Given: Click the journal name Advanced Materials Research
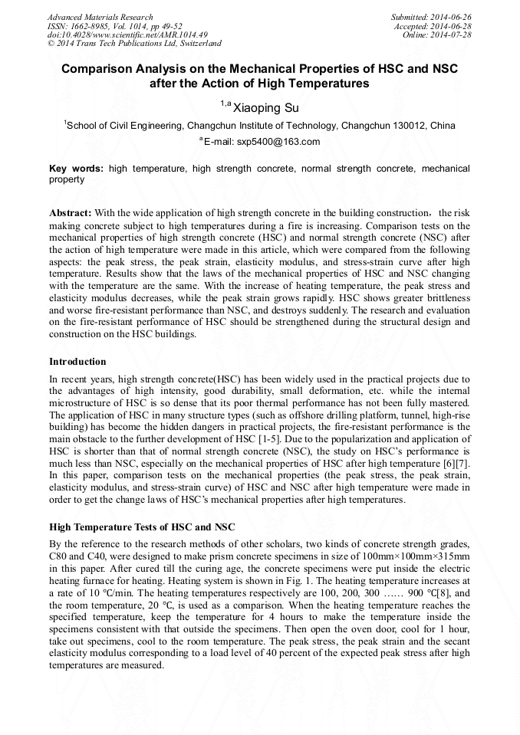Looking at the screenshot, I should click(x=100, y=17).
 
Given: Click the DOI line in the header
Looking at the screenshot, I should click(x=127, y=35).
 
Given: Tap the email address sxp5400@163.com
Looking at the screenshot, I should click(x=278, y=142).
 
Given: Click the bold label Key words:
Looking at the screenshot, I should click(x=77, y=168).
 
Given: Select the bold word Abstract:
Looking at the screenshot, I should click(x=71, y=212).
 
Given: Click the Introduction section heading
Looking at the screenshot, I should click(x=77, y=361).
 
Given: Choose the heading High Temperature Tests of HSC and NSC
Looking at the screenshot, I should click(x=142, y=527).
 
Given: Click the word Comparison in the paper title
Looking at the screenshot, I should click(x=98, y=68).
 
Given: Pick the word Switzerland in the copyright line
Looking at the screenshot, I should click(x=195, y=44).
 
